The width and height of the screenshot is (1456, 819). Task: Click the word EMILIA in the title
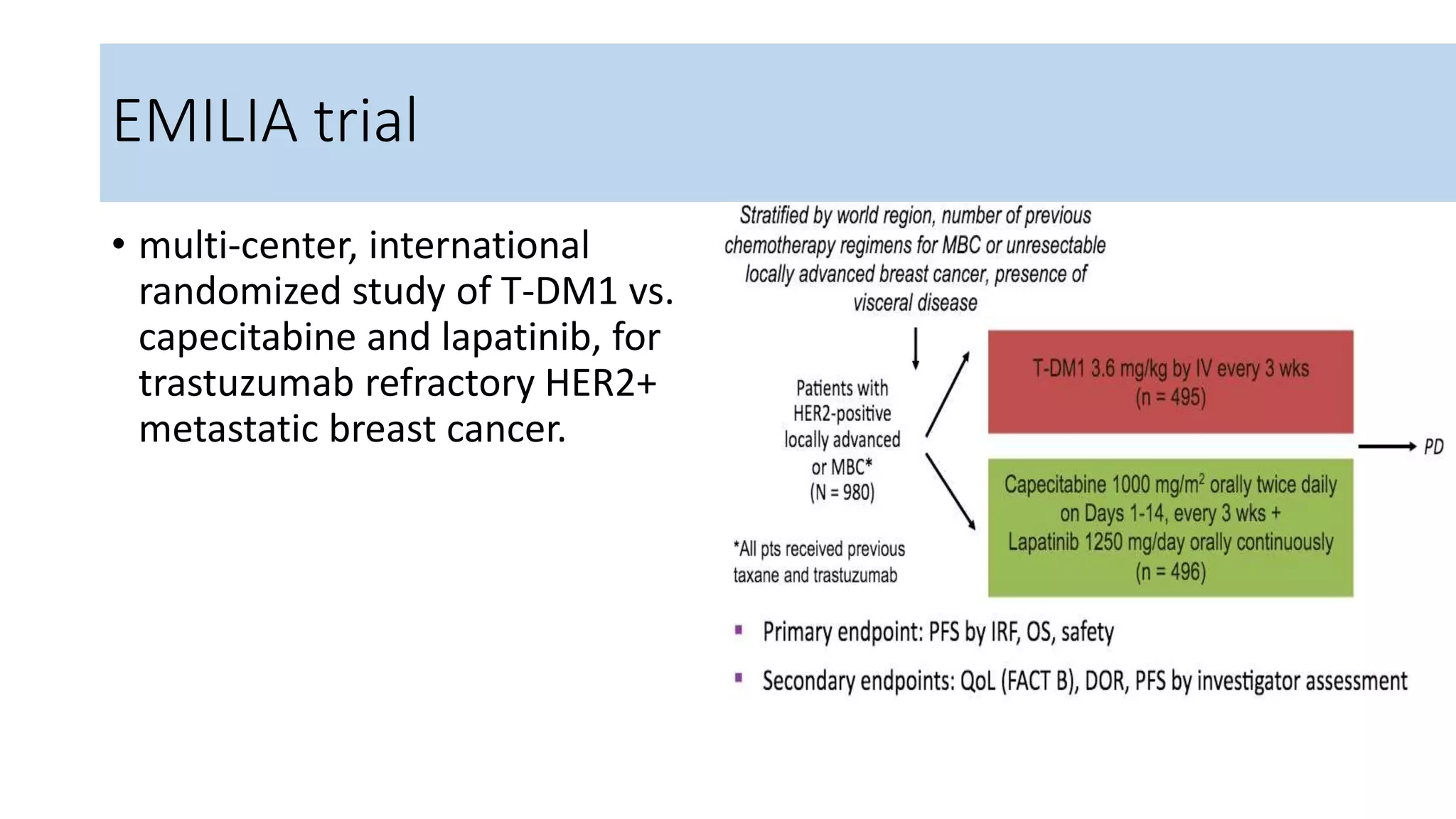click(205, 121)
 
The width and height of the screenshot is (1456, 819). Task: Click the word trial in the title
click(365, 121)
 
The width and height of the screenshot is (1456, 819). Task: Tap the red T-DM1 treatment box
click(1170, 382)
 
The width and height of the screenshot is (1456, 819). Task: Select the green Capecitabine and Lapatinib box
click(1170, 528)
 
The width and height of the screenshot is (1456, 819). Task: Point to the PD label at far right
click(1433, 447)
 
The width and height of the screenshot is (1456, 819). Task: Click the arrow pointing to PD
click(1386, 446)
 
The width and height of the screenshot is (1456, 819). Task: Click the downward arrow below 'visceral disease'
click(916, 348)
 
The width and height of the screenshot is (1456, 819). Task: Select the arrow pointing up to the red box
click(948, 394)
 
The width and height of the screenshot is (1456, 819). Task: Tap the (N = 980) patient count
click(842, 492)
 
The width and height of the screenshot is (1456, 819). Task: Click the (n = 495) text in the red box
click(1170, 397)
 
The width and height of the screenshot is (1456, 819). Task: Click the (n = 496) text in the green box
click(1170, 572)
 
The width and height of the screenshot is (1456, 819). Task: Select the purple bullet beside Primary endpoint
click(739, 630)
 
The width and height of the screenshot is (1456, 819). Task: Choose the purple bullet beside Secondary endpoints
click(739, 678)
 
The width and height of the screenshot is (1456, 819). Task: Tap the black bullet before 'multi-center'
click(118, 245)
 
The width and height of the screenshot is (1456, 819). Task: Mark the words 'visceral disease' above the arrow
click(915, 303)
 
